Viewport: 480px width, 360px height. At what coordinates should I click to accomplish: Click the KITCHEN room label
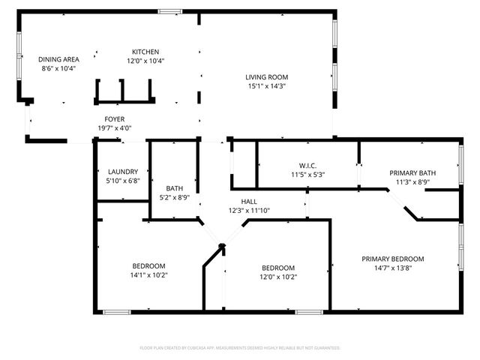click(145, 52)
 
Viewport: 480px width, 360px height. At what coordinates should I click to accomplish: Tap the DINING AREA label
click(58, 59)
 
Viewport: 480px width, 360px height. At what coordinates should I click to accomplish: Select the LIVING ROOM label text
click(266, 77)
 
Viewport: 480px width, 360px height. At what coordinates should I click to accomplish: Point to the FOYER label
click(114, 119)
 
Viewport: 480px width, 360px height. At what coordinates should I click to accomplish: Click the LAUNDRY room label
click(122, 172)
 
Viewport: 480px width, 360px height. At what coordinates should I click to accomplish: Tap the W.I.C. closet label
click(307, 166)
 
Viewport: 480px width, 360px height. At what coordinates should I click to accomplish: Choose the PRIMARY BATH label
click(412, 172)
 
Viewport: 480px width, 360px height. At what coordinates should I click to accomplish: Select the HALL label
click(249, 202)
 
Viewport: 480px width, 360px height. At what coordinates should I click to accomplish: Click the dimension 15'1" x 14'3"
click(266, 85)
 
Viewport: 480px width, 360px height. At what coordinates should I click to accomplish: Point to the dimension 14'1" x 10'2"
click(148, 274)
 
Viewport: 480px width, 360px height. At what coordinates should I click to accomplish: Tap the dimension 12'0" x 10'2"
click(277, 277)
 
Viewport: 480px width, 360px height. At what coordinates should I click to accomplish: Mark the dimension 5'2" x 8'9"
click(174, 197)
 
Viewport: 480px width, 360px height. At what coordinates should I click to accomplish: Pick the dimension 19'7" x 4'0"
click(114, 127)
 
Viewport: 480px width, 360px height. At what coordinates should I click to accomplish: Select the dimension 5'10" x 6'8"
click(122, 180)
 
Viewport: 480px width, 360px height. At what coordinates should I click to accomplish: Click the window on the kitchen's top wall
click(169, 11)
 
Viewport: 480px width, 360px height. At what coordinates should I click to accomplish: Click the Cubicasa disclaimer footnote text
click(240, 348)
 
